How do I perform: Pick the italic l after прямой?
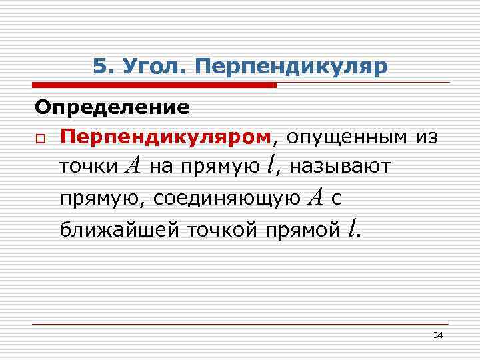[351, 228]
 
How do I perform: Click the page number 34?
[438, 335]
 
